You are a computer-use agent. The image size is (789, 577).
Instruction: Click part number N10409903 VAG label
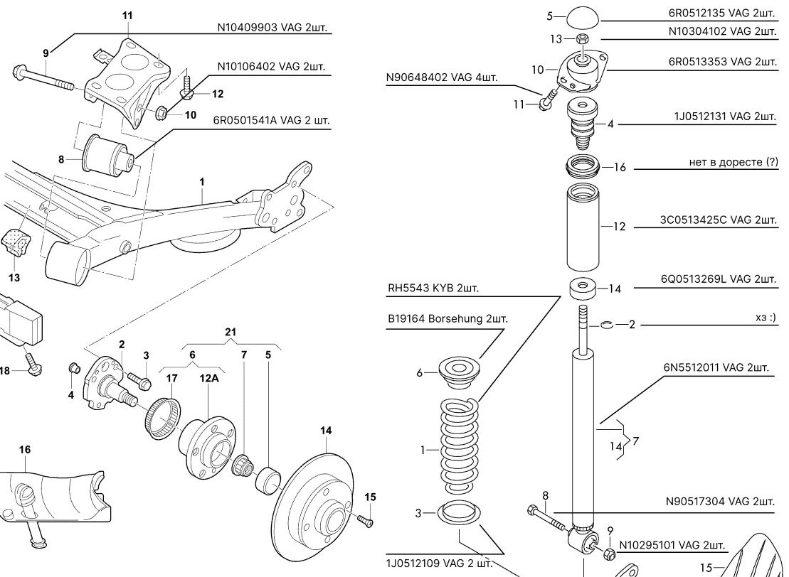(x=276, y=27)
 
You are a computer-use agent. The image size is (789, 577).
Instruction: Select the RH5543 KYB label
(x=433, y=289)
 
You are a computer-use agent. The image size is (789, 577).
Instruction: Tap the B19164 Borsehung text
(x=448, y=319)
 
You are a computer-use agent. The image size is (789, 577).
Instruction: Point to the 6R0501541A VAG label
(x=272, y=121)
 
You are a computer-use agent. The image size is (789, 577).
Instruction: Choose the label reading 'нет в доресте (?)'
(x=734, y=163)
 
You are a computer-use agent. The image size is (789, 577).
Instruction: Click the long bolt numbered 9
(x=43, y=77)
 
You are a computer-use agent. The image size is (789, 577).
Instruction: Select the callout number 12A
(x=208, y=379)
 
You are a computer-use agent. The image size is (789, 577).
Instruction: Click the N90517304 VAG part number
(x=720, y=502)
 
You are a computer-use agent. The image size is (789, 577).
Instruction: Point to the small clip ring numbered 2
(x=605, y=325)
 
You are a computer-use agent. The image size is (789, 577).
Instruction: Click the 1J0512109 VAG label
(x=439, y=563)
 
